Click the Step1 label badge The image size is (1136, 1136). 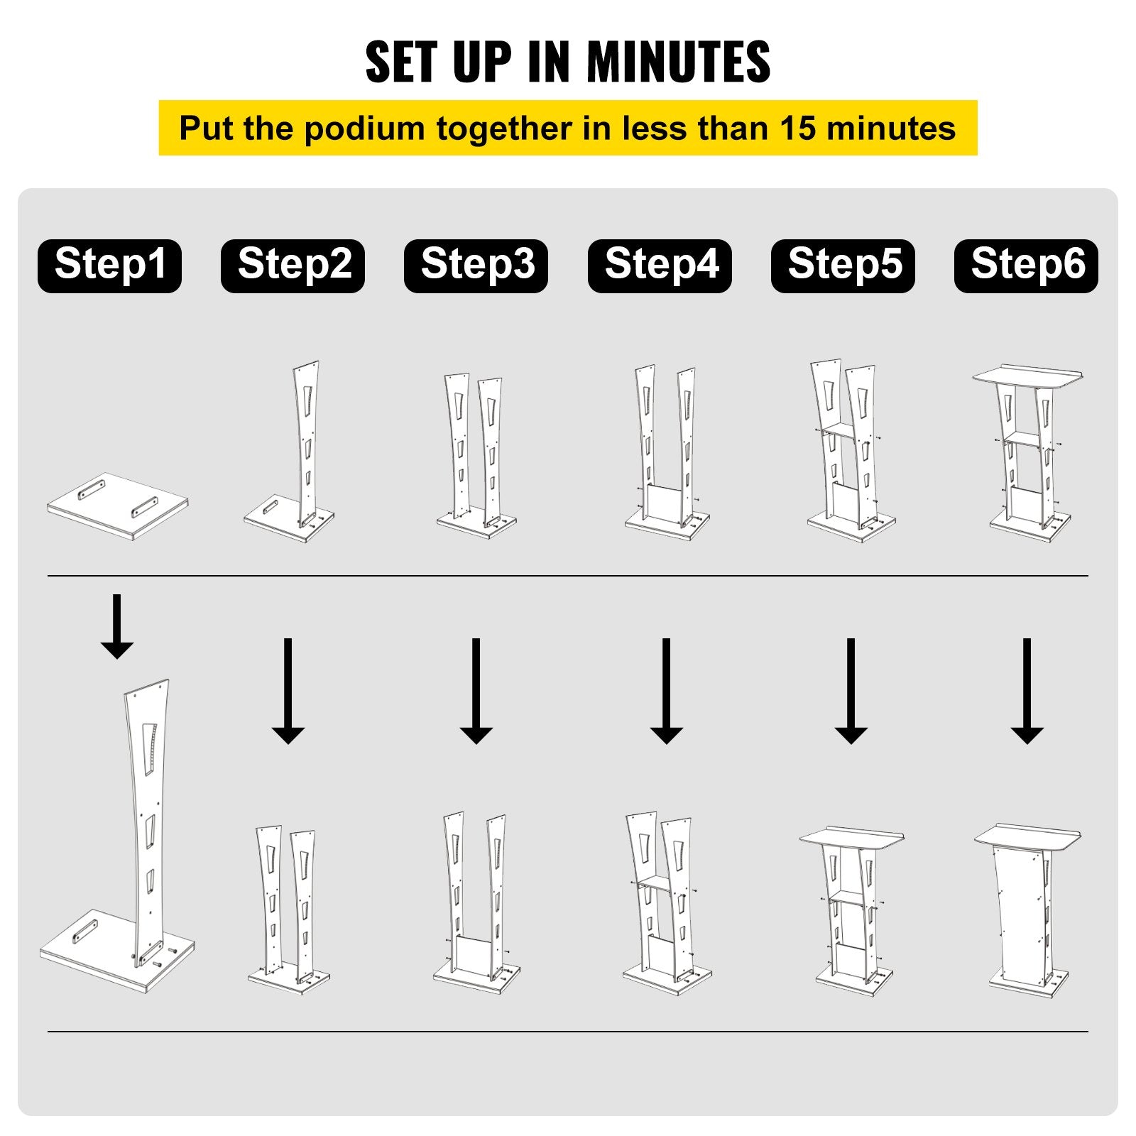[x=109, y=266]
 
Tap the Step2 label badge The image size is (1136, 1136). [x=293, y=266]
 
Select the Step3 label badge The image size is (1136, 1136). [x=476, y=266]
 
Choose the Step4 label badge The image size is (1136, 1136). [x=660, y=266]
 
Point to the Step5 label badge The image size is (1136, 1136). [x=843, y=266]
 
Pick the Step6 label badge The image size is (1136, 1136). [x=1026, y=266]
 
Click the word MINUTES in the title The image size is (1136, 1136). [x=678, y=62]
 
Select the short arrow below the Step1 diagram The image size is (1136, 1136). [x=116, y=627]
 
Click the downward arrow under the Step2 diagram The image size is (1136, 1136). [x=288, y=691]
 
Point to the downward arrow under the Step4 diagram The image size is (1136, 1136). [x=666, y=691]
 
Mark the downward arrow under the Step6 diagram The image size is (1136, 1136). [x=1027, y=691]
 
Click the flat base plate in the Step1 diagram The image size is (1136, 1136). [x=118, y=506]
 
